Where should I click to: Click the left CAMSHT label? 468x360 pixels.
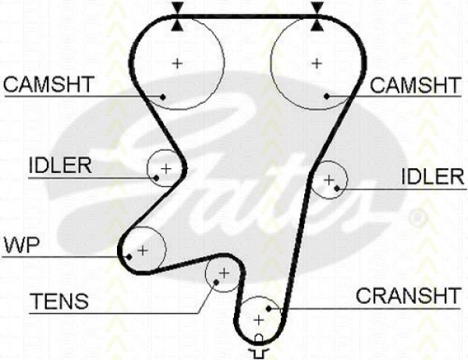(x=48, y=84)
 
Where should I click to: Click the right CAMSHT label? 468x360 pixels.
(x=415, y=85)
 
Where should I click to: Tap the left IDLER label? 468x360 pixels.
(x=60, y=165)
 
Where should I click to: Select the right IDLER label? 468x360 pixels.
(x=433, y=177)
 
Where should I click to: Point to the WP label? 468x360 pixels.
(x=22, y=245)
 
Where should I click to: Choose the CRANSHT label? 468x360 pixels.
(x=408, y=295)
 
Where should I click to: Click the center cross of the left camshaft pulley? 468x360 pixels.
(x=178, y=63)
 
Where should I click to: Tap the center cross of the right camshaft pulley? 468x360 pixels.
(x=317, y=63)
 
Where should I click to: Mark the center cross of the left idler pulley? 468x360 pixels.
(x=166, y=169)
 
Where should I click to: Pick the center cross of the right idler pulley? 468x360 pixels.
(x=329, y=180)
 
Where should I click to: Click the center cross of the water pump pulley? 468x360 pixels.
(x=143, y=250)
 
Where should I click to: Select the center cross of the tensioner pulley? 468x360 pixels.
(x=224, y=273)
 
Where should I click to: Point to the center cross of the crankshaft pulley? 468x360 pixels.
(x=259, y=320)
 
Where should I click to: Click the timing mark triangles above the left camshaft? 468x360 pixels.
(x=177, y=16)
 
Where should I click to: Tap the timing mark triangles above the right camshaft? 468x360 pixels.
(x=317, y=16)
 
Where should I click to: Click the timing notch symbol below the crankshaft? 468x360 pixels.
(x=259, y=347)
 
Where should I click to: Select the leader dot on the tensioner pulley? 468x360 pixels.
(x=216, y=282)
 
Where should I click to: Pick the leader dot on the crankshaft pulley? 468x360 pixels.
(x=268, y=309)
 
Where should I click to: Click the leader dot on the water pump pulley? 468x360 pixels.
(x=129, y=257)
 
